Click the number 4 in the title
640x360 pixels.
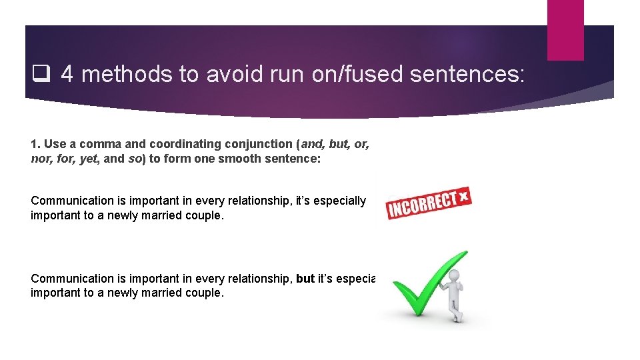(x=67, y=74)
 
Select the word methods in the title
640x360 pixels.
(x=126, y=75)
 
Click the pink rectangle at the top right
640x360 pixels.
(x=565, y=30)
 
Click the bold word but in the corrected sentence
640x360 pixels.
(x=305, y=279)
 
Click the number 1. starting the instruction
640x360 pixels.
(x=36, y=144)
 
